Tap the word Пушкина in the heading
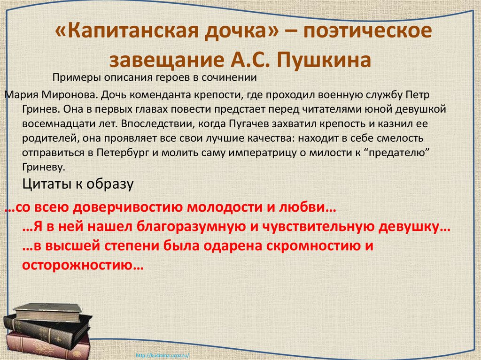[x=324, y=60]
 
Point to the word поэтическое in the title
[x=367, y=31]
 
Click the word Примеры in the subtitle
[x=77, y=77]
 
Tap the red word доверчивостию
[x=128, y=207]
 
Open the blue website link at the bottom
[x=162, y=356]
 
